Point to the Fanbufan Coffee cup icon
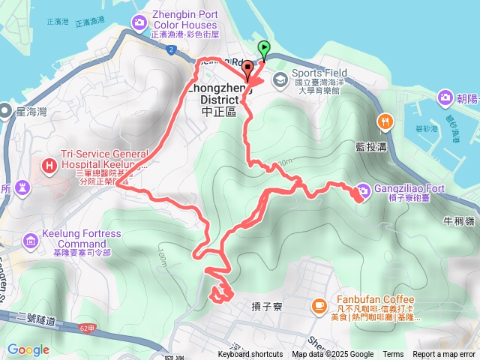318,305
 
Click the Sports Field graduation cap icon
279,78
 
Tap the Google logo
28,349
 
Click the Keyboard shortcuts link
250,355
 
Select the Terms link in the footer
393,355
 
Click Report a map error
444,355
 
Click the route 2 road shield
172,49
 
